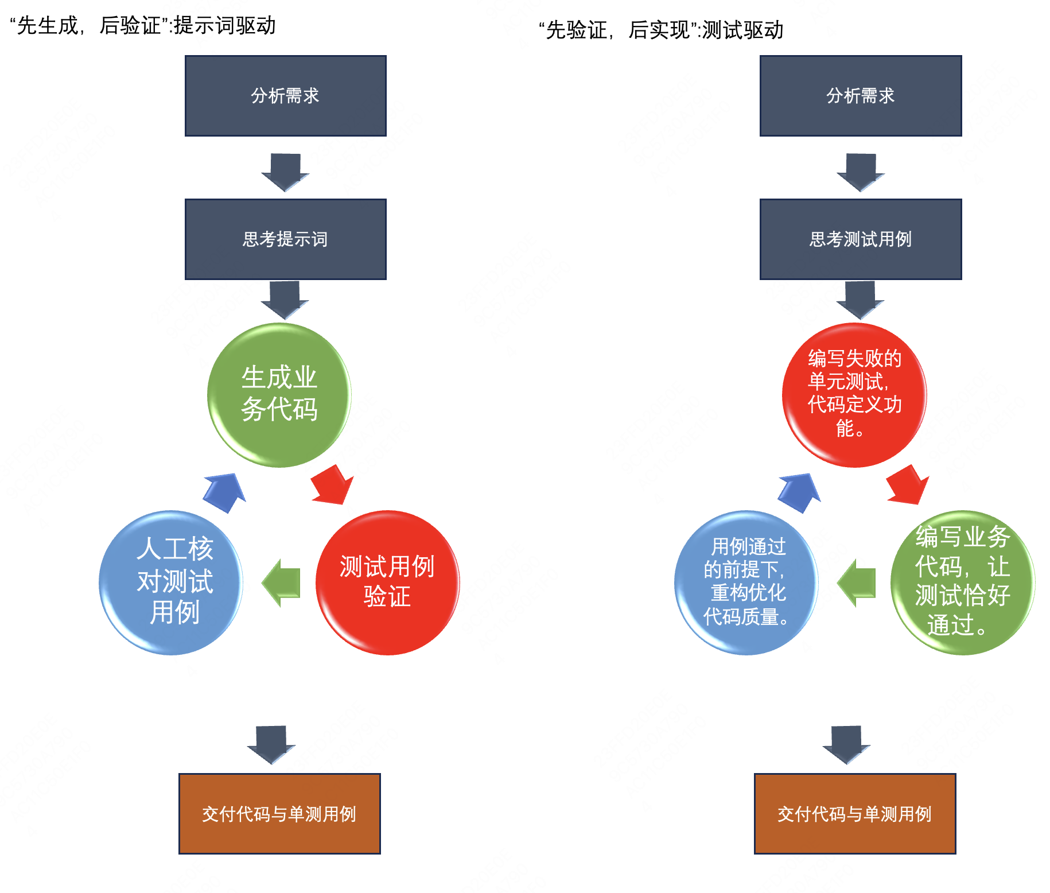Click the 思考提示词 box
click(285, 239)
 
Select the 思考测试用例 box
click(860, 239)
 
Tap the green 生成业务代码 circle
click(279, 395)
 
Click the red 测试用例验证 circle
click(387, 582)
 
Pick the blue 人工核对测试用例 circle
click(171, 582)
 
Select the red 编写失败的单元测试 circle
click(854, 395)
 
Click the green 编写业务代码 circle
click(962, 582)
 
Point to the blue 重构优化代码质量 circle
click(746, 582)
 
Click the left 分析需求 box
click(285, 95)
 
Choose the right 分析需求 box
click(860, 95)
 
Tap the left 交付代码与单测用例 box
click(279, 813)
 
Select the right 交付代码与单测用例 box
click(854, 813)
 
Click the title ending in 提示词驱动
click(143, 26)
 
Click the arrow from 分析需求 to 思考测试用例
click(860, 171)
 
